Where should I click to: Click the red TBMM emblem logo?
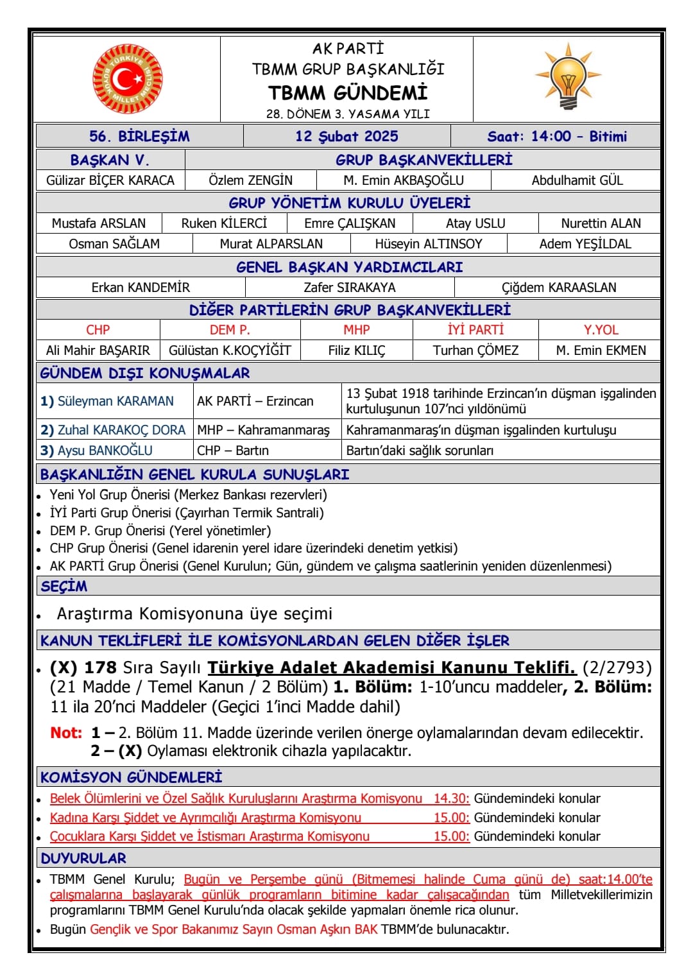point(127,79)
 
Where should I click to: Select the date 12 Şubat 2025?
point(346,136)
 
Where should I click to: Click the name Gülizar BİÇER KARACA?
point(110,180)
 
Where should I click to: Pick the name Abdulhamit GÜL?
point(577,180)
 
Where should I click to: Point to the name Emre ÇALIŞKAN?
point(350,223)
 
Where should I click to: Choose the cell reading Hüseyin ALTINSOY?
point(429,244)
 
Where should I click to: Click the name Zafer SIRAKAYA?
point(350,288)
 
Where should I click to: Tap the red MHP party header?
point(357,330)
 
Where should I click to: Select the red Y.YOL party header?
point(601,330)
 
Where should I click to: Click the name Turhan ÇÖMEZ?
point(475,350)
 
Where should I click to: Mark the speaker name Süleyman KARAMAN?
point(116,401)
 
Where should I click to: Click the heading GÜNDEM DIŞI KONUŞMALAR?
point(145,373)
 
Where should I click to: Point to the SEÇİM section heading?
point(64,586)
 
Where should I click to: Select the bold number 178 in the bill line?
point(101,667)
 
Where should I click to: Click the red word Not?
point(66,732)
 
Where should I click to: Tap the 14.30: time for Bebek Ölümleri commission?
point(451,798)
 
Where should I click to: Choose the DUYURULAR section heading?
point(83,858)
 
